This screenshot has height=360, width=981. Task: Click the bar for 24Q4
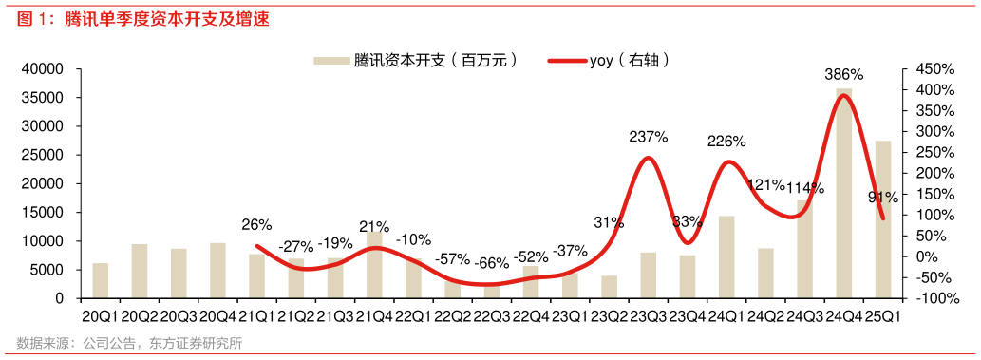point(843,194)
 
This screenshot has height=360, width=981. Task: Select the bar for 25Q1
point(883,219)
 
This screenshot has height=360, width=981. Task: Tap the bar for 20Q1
point(100,280)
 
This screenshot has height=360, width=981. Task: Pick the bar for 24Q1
point(726,256)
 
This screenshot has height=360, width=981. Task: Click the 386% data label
point(843,74)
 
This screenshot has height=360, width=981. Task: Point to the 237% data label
point(648,137)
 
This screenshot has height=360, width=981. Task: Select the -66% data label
point(492,262)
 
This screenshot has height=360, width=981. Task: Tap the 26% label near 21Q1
point(256,225)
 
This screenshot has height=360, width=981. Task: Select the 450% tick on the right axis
point(934,69)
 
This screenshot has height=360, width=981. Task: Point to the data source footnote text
point(128,343)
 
